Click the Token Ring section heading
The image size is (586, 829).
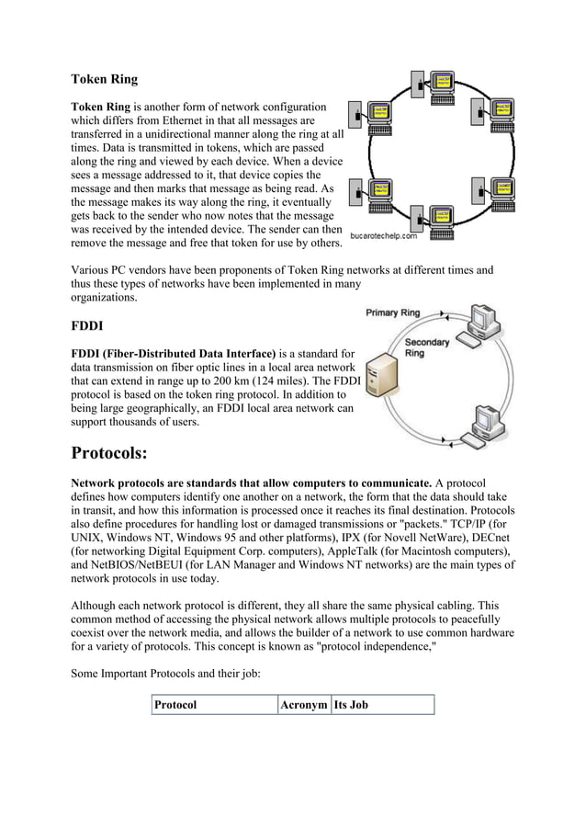pyautogui.click(x=105, y=79)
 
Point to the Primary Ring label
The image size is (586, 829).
pyautogui.click(x=393, y=312)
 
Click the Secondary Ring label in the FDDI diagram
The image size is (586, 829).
pyautogui.click(x=427, y=348)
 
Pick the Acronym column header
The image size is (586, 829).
pyautogui.click(x=303, y=705)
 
